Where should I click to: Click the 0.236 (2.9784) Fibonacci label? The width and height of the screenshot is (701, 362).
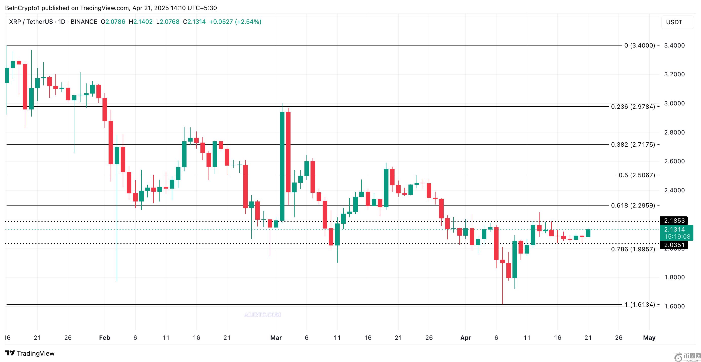[x=633, y=106]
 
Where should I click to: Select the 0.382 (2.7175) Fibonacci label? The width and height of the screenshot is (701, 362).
[x=633, y=144]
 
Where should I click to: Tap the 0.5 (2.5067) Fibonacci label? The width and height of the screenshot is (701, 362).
[x=636, y=175]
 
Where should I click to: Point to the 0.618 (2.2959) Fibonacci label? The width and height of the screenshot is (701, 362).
[x=633, y=206]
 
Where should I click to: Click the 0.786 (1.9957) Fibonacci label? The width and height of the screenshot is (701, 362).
[x=633, y=249]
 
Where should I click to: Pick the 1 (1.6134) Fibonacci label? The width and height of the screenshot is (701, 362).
[x=640, y=304]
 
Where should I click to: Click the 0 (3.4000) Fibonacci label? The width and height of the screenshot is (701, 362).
[x=640, y=46]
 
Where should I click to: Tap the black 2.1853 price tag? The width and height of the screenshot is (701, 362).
[x=674, y=221]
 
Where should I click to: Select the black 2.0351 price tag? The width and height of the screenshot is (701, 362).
[x=674, y=245]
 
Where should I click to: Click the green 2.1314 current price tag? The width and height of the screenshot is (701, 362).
[x=677, y=233]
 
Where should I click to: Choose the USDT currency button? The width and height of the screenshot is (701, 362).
[x=677, y=22]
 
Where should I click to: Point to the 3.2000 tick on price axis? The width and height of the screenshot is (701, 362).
[x=674, y=74]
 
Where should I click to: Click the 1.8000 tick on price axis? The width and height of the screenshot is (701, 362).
[x=674, y=277]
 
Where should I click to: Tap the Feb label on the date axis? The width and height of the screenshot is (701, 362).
[x=105, y=337]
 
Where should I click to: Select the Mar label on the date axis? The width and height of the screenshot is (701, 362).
[x=276, y=337]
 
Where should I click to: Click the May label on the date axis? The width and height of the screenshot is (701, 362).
[x=649, y=337]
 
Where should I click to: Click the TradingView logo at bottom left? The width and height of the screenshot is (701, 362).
[x=30, y=353]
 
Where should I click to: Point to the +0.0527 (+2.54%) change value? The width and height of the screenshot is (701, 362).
[x=235, y=22]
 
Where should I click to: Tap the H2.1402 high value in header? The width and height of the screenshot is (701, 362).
[x=141, y=22]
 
